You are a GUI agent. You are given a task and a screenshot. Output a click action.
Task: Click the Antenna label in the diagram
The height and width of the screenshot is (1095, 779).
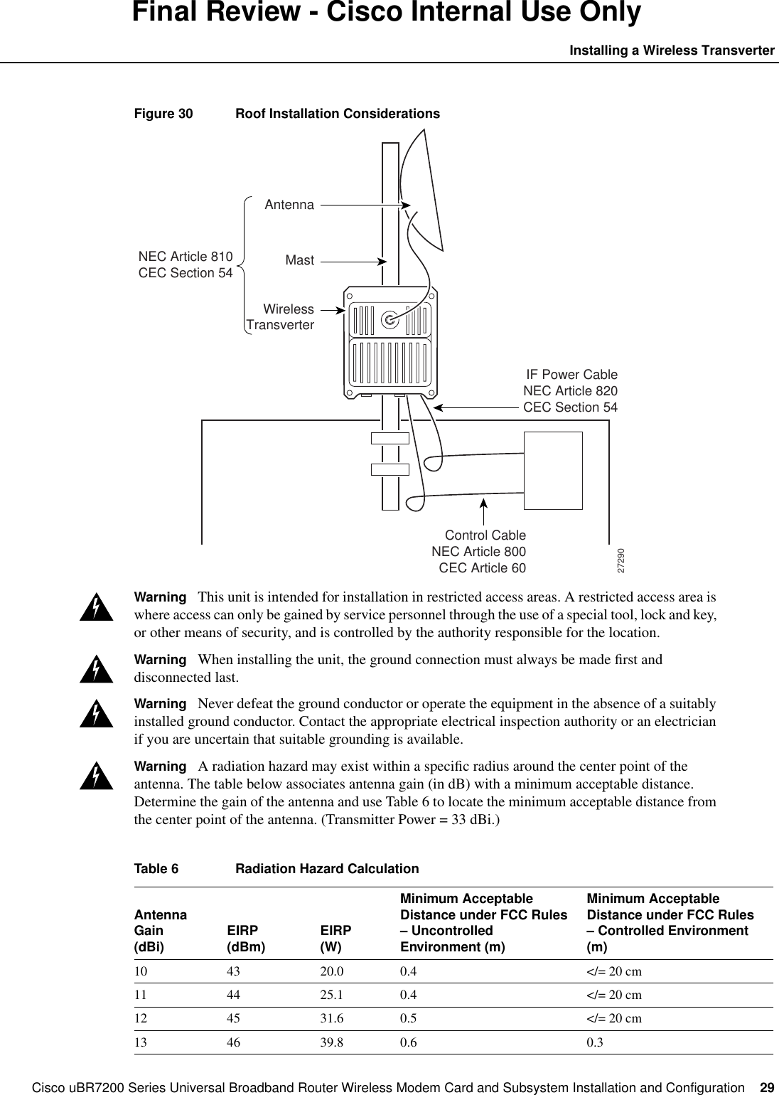point(289,205)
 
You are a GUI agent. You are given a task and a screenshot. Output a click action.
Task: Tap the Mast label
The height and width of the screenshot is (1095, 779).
point(299,260)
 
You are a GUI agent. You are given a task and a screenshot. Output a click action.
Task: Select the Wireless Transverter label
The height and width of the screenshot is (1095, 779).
point(280,317)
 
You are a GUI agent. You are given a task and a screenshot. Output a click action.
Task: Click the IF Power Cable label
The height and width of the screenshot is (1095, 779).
point(571,375)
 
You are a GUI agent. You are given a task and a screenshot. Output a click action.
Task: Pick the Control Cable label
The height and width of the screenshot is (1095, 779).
point(485,535)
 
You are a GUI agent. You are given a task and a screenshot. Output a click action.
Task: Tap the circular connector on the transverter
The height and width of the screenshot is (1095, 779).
point(389,320)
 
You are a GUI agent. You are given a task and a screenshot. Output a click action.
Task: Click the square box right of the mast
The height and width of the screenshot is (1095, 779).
point(553,470)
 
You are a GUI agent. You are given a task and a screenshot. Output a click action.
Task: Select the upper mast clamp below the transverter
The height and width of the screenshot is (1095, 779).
point(390,439)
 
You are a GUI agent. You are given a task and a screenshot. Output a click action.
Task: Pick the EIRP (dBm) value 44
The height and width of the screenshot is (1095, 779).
point(233,995)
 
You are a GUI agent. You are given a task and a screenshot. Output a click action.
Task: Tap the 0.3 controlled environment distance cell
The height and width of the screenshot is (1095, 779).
point(593,1042)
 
